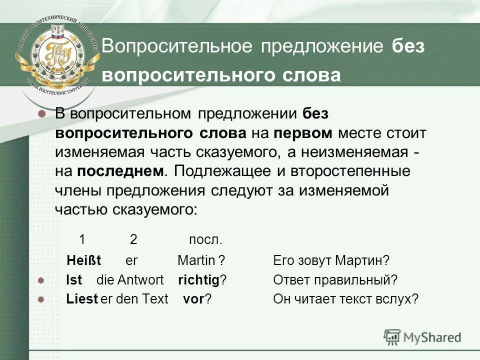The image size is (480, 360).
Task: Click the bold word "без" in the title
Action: pyautogui.click(x=408, y=46)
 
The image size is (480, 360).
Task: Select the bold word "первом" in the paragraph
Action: pyautogui.click(x=303, y=133)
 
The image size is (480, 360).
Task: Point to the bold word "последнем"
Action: pyautogui.click(x=120, y=171)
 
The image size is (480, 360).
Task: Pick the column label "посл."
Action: pyautogui.click(x=205, y=239)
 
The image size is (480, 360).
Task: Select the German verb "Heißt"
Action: pyautogui.click(x=84, y=260)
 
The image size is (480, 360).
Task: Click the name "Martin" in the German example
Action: pyautogui.click(x=195, y=260)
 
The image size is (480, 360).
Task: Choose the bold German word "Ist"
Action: pyautogui.click(x=74, y=280)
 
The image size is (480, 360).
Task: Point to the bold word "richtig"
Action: pyautogui.click(x=198, y=280)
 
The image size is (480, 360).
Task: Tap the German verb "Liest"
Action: pyautogui.click(x=82, y=299)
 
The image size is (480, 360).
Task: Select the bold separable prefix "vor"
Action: pyautogui.click(x=193, y=299)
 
